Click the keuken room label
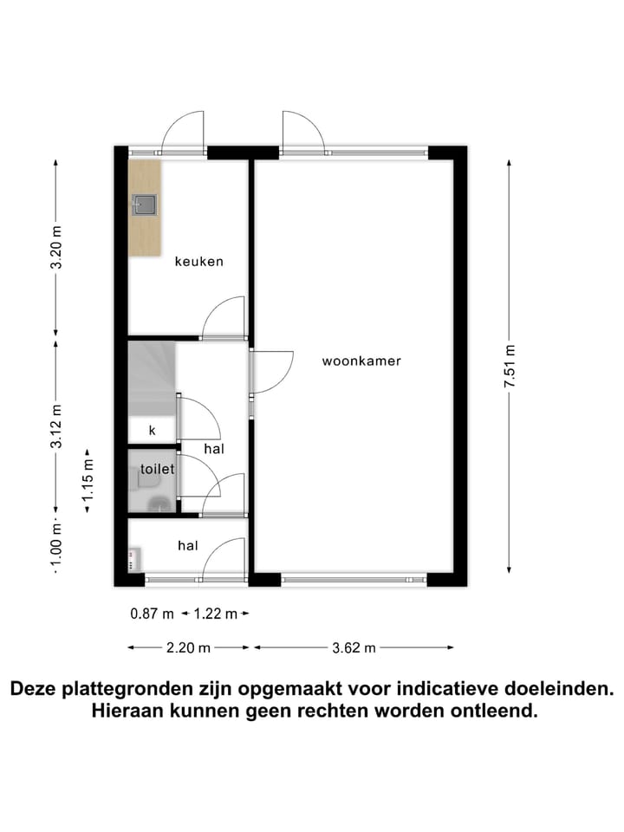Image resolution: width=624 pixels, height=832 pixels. pos(199,261)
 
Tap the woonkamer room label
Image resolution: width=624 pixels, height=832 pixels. pos(361,361)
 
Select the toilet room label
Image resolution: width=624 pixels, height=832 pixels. pos(157,469)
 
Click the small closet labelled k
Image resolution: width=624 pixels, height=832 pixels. pos(152,430)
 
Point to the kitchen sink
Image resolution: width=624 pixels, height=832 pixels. pos(145,205)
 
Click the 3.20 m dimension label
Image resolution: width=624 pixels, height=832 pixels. pos(57,248)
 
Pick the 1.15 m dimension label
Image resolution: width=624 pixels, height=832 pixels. pos(88,481)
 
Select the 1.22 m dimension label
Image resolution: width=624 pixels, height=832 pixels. pos(215,614)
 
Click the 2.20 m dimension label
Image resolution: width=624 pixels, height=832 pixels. pos(189,647)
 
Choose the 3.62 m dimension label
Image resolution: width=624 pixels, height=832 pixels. pos(354,647)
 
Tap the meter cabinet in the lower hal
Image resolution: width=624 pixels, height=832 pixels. pos(134,560)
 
